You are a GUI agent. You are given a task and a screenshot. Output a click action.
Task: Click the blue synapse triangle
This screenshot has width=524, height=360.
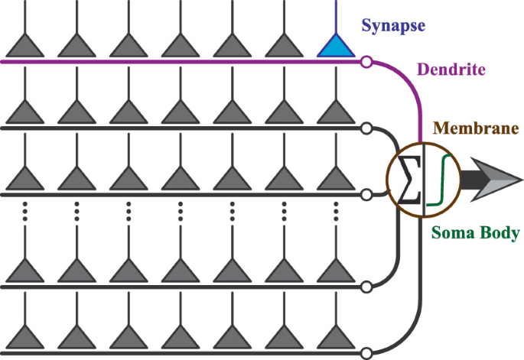click(337, 47)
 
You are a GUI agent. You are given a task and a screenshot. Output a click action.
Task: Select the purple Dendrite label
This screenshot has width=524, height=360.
click(451, 70)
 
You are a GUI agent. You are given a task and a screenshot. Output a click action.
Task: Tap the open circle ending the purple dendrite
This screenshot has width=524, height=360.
click(366, 61)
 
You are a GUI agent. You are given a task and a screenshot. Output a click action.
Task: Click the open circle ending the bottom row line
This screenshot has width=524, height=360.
click(366, 353)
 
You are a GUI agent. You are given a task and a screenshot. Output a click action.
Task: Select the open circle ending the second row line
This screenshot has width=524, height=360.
click(366, 128)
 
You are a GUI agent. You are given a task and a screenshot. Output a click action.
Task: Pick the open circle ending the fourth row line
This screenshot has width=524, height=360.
click(366, 287)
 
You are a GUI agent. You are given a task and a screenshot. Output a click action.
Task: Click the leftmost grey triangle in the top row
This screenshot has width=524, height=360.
click(25, 47)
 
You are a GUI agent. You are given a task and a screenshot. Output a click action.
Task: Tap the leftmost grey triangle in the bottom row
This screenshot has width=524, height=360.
click(25, 339)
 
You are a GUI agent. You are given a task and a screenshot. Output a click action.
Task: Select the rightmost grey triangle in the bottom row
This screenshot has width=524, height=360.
click(337, 339)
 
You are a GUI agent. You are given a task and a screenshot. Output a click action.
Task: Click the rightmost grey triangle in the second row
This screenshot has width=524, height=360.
click(337, 114)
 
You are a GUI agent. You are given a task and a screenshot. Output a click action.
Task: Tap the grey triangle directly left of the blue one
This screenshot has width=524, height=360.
click(285, 47)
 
